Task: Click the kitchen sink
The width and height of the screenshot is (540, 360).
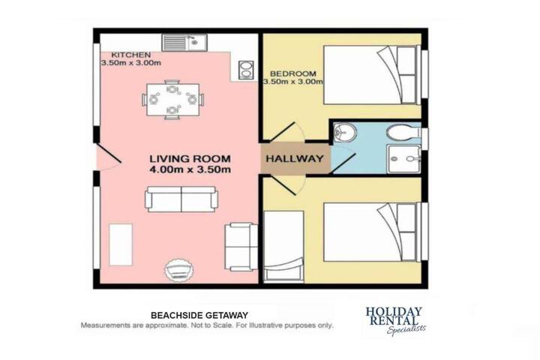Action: click(x=184, y=42)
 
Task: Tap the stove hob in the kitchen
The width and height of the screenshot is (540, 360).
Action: click(x=246, y=70)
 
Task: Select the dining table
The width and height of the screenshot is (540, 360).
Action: click(x=173, y=100)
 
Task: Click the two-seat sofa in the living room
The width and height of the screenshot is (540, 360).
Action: click(x=181, y=199)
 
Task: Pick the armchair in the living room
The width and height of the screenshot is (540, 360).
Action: click(x=241, y=247)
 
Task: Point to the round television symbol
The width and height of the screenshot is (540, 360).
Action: click(x=178, y=269)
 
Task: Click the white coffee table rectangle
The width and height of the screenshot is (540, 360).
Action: click(x=121, y=244)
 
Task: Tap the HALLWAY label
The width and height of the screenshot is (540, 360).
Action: click(x=295, y=159)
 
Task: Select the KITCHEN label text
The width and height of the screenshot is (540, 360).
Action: click(x=130, y=55)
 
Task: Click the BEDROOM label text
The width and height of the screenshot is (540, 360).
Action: click(x=293, y=73)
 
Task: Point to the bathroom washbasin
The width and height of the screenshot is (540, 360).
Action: click(x=345, y=132)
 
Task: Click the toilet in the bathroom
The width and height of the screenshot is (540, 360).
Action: click(x=402, y=131)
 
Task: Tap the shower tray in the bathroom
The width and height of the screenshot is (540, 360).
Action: click(x=403, y=159)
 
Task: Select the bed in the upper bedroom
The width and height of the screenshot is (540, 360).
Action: click(x=372, y=75)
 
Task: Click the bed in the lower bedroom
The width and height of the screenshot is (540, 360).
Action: click(x=372, y=232)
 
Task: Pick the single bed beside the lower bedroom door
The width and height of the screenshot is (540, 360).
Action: click(x=283, y=247)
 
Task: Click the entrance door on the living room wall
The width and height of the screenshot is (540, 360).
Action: click(x=108, y=157)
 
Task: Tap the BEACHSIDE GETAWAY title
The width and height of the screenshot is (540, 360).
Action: click(x=199, y=315)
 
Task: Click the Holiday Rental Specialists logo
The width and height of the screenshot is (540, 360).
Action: click(x=394, y=320)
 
